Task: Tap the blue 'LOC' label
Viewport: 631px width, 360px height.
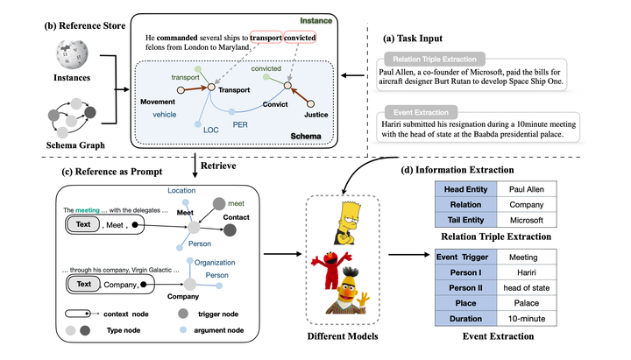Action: point(211,130)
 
